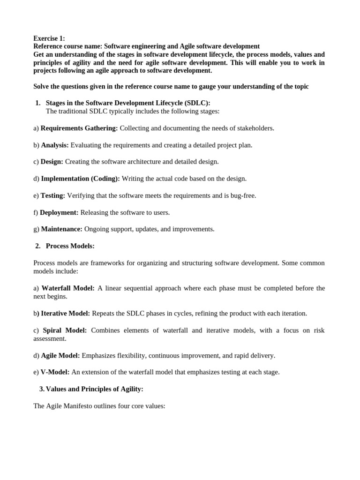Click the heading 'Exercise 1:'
click(x=49, y=38)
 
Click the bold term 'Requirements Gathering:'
click(x=79, y=128)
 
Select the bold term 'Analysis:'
click(x=55, y=145)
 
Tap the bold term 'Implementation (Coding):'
click(x=81, y=179)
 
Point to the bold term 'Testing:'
click(x=53, y=195)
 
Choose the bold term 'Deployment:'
click(x=59, y=212)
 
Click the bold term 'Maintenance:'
click(x=62, y=229)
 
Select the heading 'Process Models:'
click(x=70, y=246)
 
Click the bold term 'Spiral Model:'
click(x=65, y=330)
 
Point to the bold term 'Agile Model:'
click(x=60, y=355)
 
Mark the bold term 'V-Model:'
click(x=55, y=372)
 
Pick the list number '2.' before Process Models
click(x=38, y=246)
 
